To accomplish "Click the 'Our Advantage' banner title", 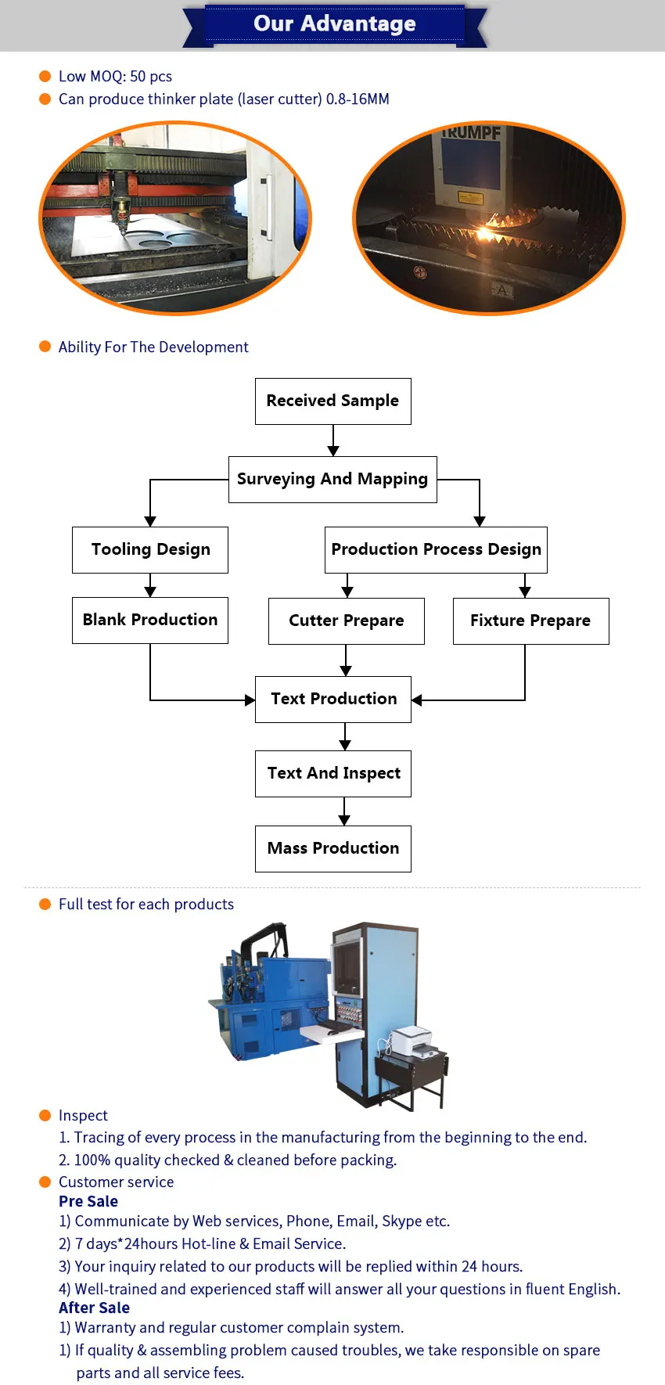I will pyautogui.click(x=335, y=23).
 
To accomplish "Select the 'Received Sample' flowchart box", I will pyautogui.click(x=332, y=401).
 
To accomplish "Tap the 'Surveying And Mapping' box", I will pyautogui.click(x=332, y=479).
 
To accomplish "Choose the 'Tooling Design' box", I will pyautogui.click(x=150, y=549).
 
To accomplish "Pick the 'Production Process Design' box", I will pyautogui.click(x=436, y=549).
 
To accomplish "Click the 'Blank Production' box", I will pyautogui.click(x=150, y=620).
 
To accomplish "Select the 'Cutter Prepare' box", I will pyautogui.click(x=346, y=621).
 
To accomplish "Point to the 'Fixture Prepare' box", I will pyautogui.click(x=530, y=621).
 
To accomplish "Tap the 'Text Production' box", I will pyautogui.click(x=333, y=699).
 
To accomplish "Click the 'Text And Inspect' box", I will pyautogui.click(x=333, y=773).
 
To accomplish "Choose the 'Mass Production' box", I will pyautogui.click(x=333, y=848).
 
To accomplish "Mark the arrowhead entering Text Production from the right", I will pyautogui.click(x=417, y=700).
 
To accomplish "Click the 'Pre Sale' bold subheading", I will pyautogui.click(x=88, y=1201).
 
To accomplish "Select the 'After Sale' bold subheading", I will pyautogui.click(x=94, y=1308).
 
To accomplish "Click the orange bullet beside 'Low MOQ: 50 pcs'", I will pyautogui.click(x=45, y=76).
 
